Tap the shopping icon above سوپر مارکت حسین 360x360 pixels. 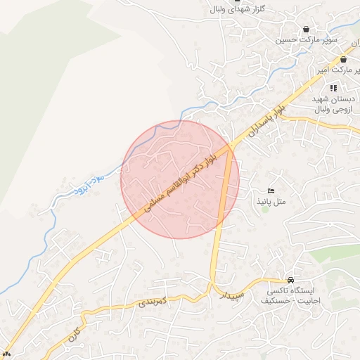(x=306, y=29)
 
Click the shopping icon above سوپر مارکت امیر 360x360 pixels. (x=343, y=60)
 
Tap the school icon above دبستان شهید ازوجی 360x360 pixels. (x=333, y=88)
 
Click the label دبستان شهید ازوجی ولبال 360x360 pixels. (x=333, y=105)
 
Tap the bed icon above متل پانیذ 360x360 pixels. (x=271, y=191)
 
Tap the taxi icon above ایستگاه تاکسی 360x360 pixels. (x=291, y=279)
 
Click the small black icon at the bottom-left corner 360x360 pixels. (x=7, y=353)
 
